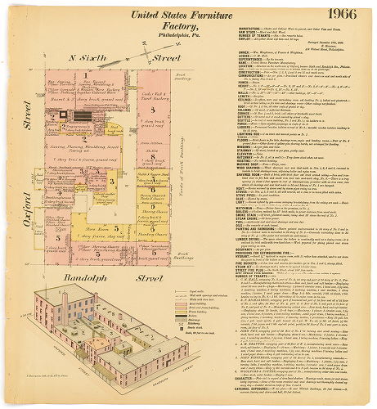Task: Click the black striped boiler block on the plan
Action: click(x=79, y=117)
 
